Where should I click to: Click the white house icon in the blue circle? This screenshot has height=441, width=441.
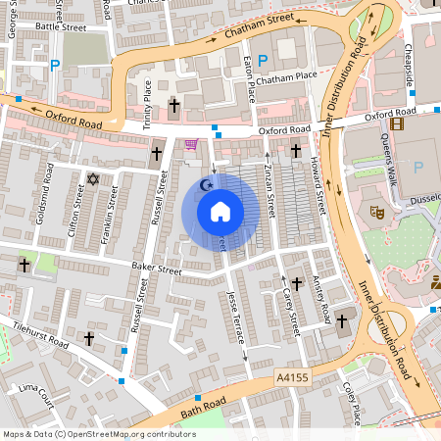(x=220, y=212)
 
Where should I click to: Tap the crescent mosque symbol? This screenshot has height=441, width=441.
(x=206, y=183)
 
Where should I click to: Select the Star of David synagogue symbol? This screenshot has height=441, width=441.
(x=94, y=179)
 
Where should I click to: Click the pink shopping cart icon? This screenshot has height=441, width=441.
(x=191, y=144)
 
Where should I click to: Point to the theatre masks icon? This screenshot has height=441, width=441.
(x=375, y=210)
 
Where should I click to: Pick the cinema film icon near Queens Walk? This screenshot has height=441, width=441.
(x=396, y=123)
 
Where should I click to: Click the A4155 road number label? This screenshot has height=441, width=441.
(x=294, y=375)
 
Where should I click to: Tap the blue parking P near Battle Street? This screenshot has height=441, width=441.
(x=54, y=68)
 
